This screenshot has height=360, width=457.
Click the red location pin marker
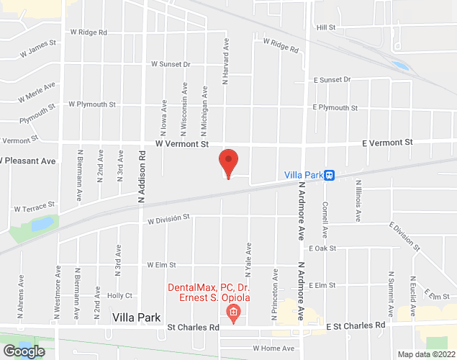click(229, 161)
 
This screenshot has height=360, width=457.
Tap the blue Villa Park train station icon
click(329, 174)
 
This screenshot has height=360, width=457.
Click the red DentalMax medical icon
click(232, 312)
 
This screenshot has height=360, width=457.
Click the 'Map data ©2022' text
click(426, 354)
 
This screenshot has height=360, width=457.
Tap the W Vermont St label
click(181, 144)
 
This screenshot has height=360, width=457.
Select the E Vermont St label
click(387, 143)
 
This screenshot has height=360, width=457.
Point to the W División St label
click(168, 217)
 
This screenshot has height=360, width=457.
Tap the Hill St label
click(326, 27)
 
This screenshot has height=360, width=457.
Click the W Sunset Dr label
click(170, 64)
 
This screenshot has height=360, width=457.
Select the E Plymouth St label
click(335, 108)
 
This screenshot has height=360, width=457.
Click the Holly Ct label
click(119, 295)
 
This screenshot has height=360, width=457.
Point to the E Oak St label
click(322, 248)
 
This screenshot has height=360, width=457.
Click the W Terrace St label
click(34, 208)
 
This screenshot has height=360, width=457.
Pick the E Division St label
click(404, 235)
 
